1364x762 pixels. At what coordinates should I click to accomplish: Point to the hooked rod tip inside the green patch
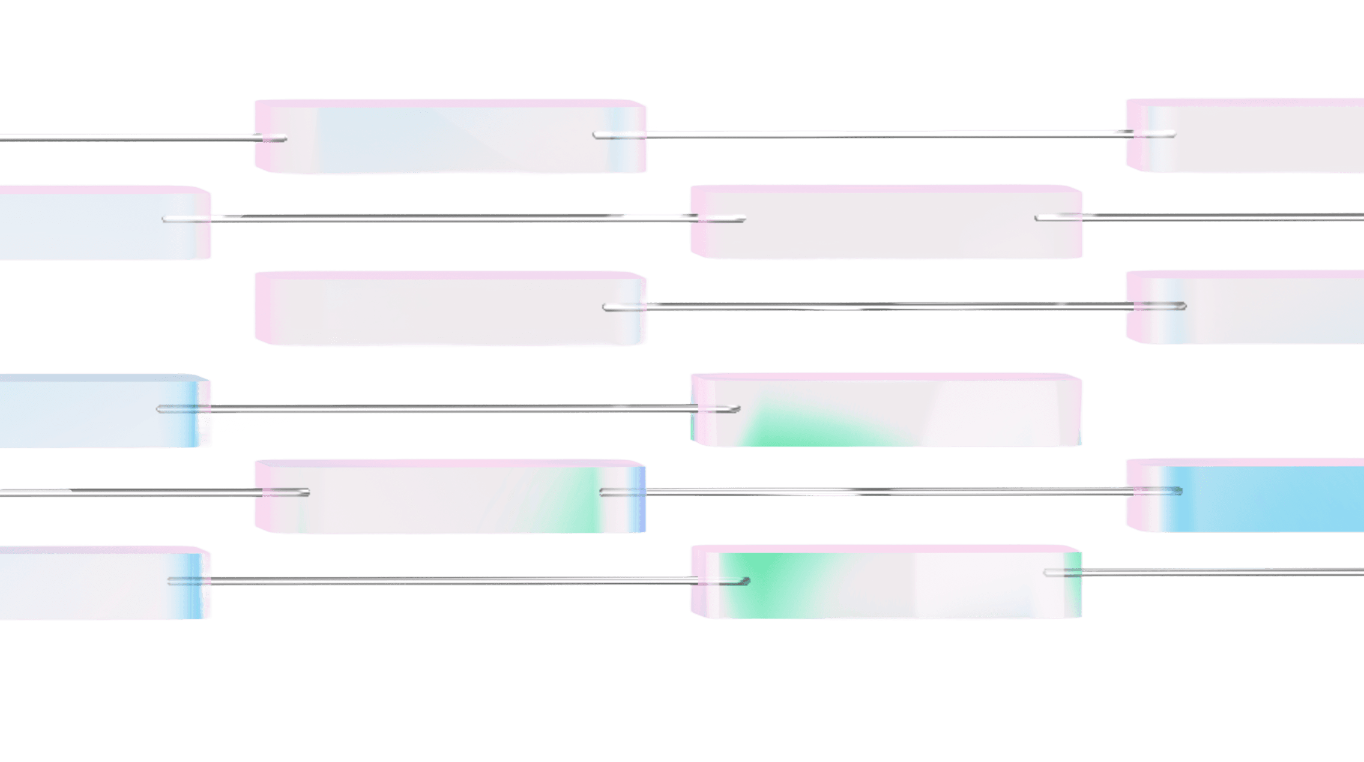pos(746,580)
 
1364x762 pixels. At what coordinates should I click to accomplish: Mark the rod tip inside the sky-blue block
pos(1178,491)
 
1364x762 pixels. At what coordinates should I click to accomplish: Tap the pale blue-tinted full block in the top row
pos(450,137)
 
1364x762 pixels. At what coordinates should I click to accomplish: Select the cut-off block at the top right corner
pos(1249,137)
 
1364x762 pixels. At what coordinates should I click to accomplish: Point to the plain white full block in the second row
pos(886,222)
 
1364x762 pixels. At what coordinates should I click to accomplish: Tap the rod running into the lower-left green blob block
pos(450,408)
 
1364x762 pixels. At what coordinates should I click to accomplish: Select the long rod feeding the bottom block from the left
pos(450,580)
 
